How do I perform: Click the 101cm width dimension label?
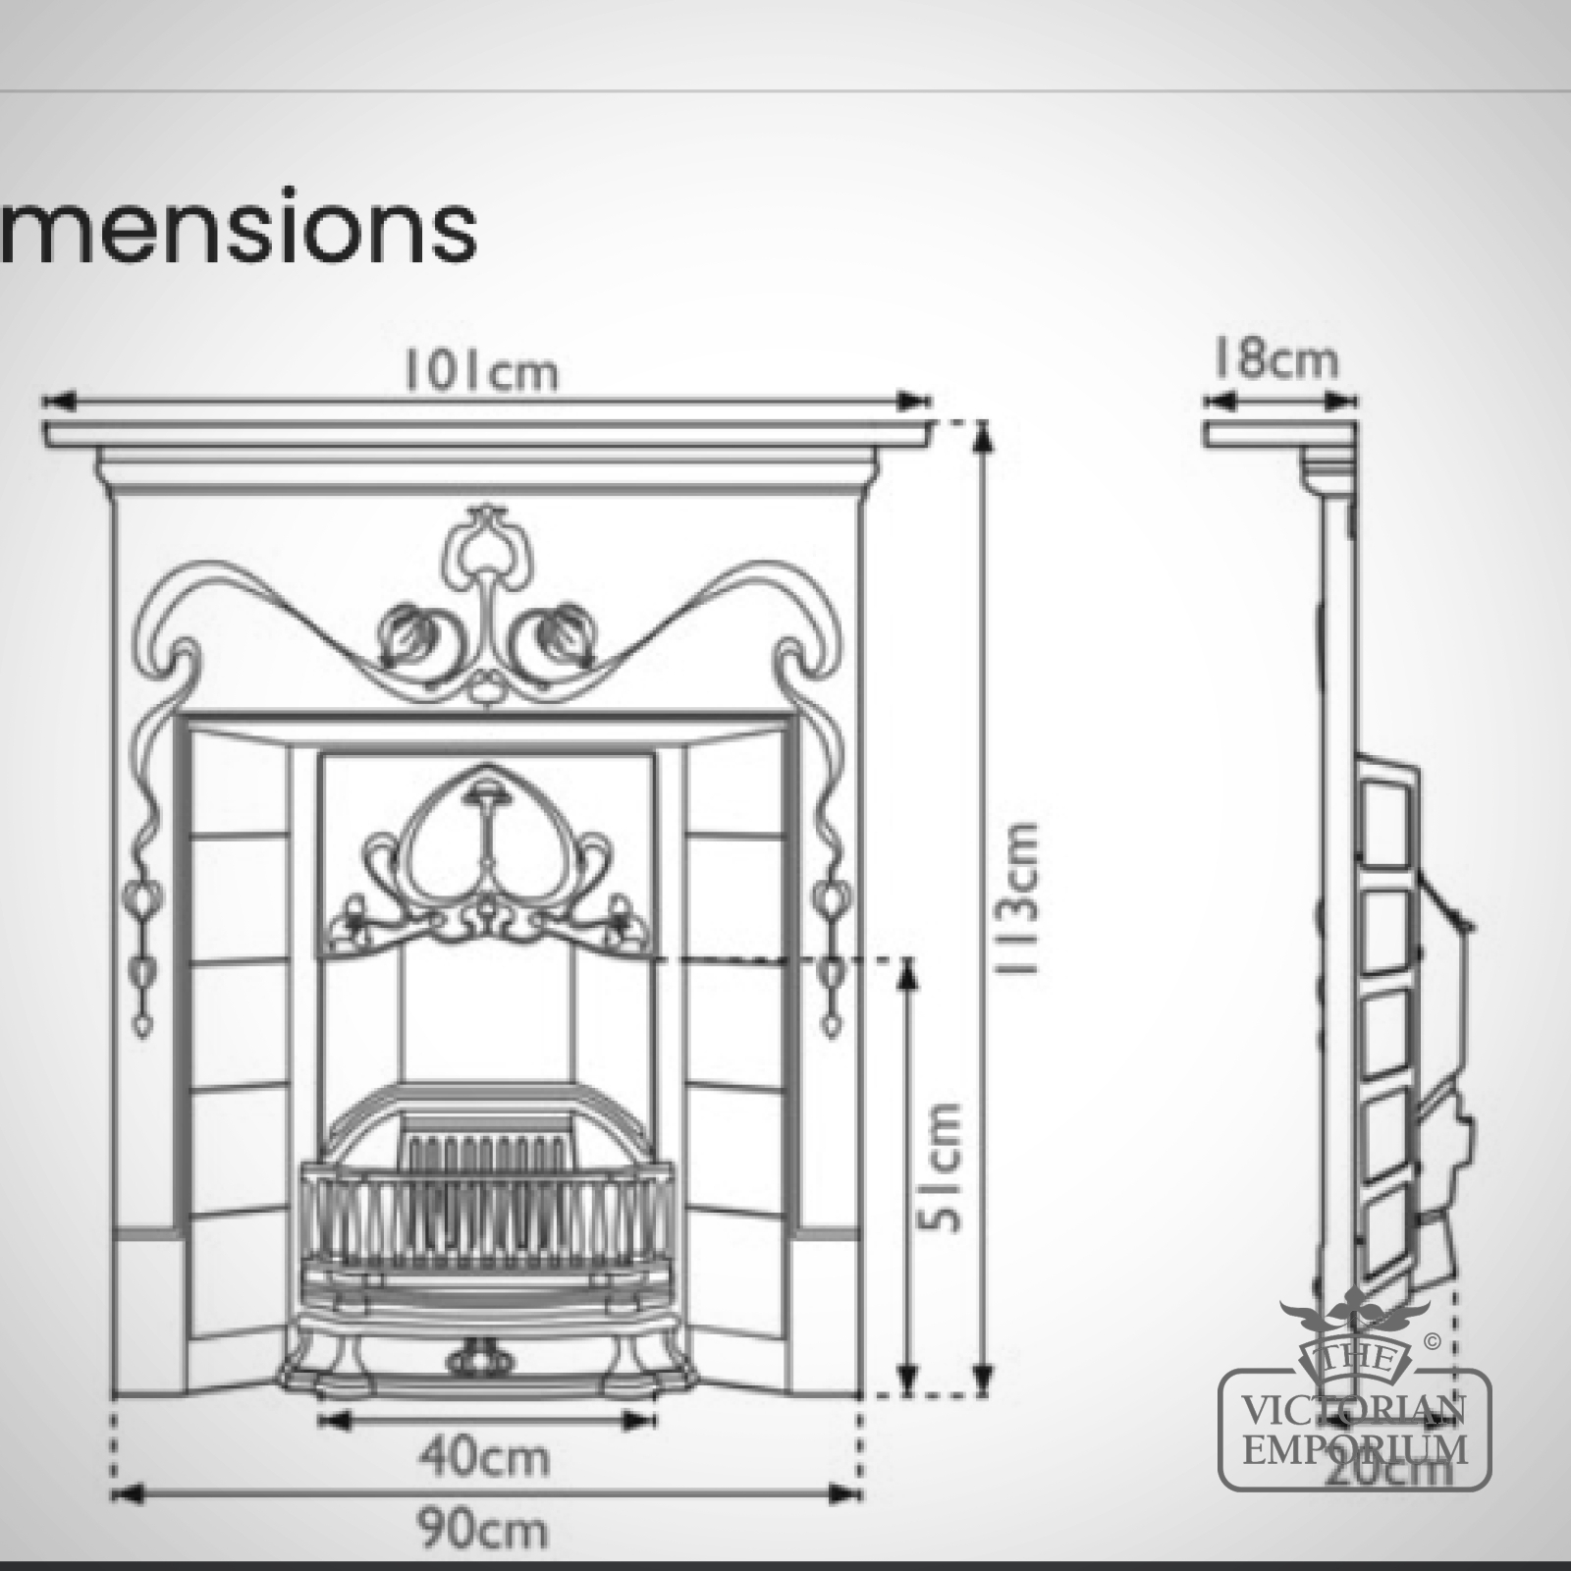click(482, 372)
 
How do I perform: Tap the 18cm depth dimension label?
click(1275, 359)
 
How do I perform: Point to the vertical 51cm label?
click(943, 1166)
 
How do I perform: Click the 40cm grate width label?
click(484, 1457)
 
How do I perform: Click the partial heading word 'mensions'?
click(239, 229)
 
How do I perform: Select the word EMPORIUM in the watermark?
click(1355, 1449)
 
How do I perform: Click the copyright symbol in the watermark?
click(1433, 1342)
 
